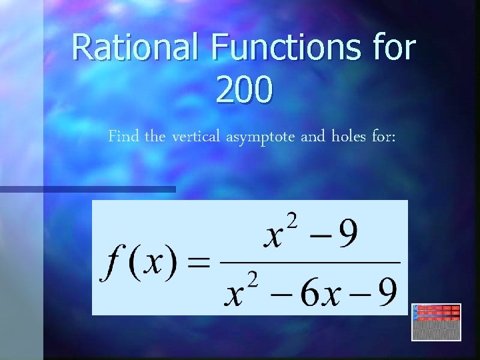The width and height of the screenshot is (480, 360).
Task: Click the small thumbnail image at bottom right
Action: (x=437, y=322)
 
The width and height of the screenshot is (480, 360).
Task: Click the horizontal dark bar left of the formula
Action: (x=87, y=189)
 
